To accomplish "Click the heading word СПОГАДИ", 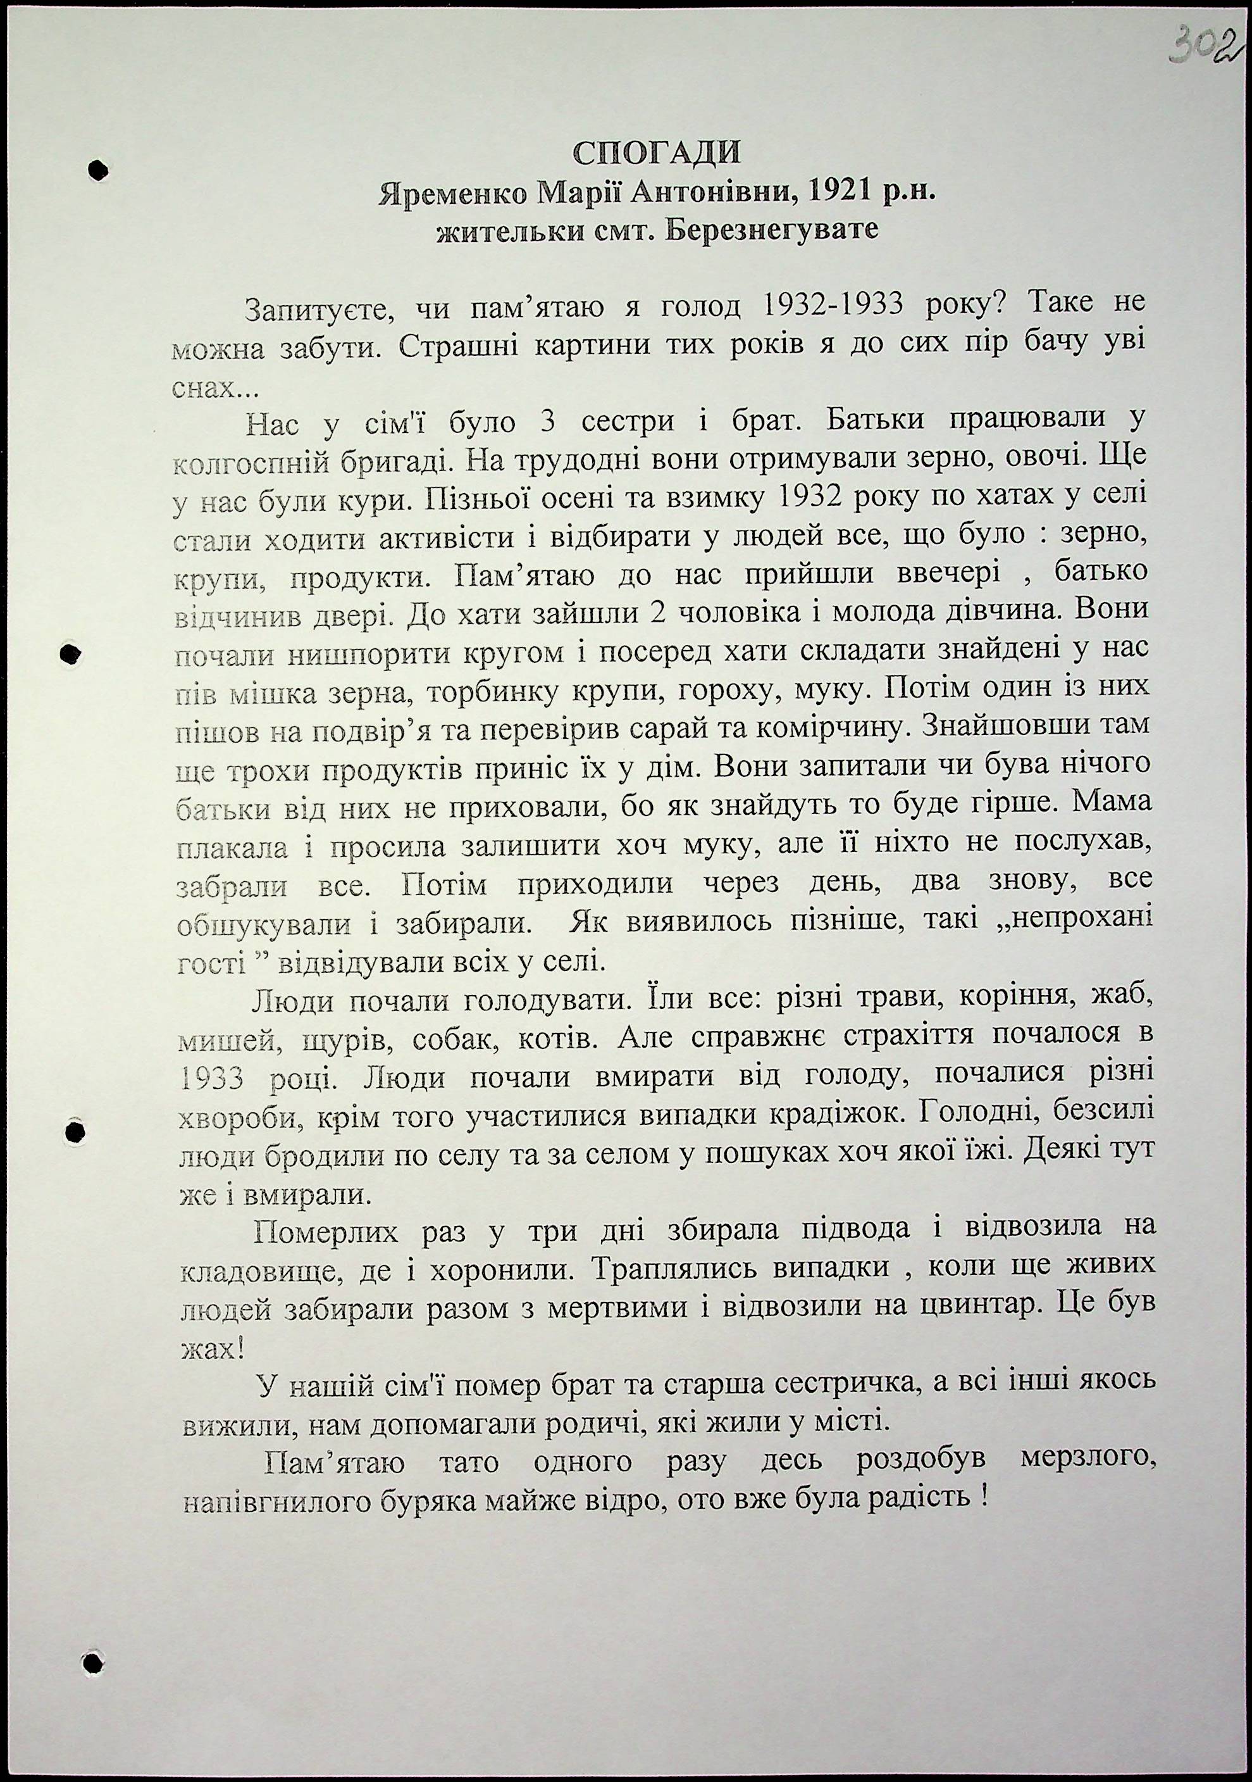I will (x=656, y=153).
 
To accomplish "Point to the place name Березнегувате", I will (x=772, y=230).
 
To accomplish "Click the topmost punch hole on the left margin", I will (x=97, y=170).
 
